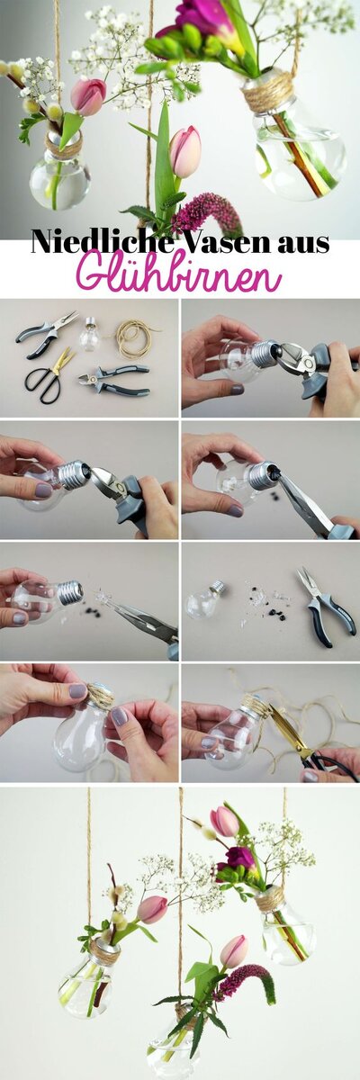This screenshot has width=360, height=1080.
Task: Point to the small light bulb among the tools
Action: [90, 334]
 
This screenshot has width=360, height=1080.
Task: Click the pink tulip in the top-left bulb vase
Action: [89, 96]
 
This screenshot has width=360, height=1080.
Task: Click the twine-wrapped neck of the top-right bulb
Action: [268, 93]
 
